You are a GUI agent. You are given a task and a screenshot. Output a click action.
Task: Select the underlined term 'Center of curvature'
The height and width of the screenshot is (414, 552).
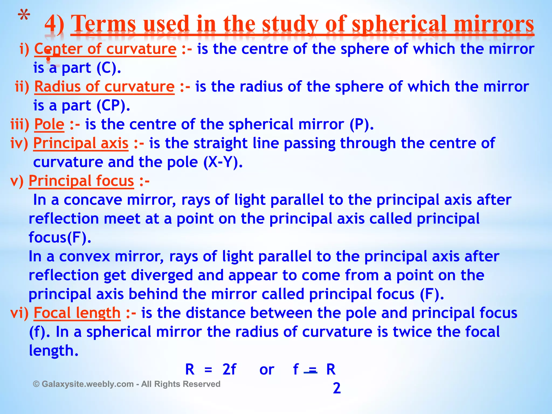(x=105, y=49)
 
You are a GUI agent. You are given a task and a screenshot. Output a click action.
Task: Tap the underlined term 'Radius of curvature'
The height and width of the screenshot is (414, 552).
(x=104, y=87)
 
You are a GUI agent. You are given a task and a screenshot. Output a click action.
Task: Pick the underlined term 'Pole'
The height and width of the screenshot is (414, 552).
(x=49, y=125)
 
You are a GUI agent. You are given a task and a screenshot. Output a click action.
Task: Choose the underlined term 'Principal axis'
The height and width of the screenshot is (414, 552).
(x=81, y=143)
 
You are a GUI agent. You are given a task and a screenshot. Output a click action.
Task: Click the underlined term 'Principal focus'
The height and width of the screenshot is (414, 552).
(x=81, y=181)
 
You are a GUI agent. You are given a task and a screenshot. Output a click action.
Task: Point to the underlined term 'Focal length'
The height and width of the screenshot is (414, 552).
(x=77, y=313)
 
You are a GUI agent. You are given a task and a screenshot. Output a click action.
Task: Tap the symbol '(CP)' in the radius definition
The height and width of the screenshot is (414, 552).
(x=113, y=106)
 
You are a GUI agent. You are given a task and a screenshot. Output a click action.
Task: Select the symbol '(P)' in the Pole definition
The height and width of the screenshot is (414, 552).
(x=361, y=125)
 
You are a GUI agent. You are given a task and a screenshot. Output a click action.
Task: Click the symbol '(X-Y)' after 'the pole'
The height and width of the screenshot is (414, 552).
(x=223, y=162)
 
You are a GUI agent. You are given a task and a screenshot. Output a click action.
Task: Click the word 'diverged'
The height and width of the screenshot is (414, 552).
(x=162, y=275)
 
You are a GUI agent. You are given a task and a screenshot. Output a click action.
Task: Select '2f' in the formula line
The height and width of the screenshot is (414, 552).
(x=229, y=370)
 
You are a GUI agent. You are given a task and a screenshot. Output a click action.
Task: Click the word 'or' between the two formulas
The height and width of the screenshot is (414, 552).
(x=267, y=370)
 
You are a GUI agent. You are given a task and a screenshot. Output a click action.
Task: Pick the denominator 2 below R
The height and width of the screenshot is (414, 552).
(x=337, y=388)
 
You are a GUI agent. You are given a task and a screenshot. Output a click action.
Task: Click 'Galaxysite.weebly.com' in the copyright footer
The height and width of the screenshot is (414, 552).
(x=88, y=384)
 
